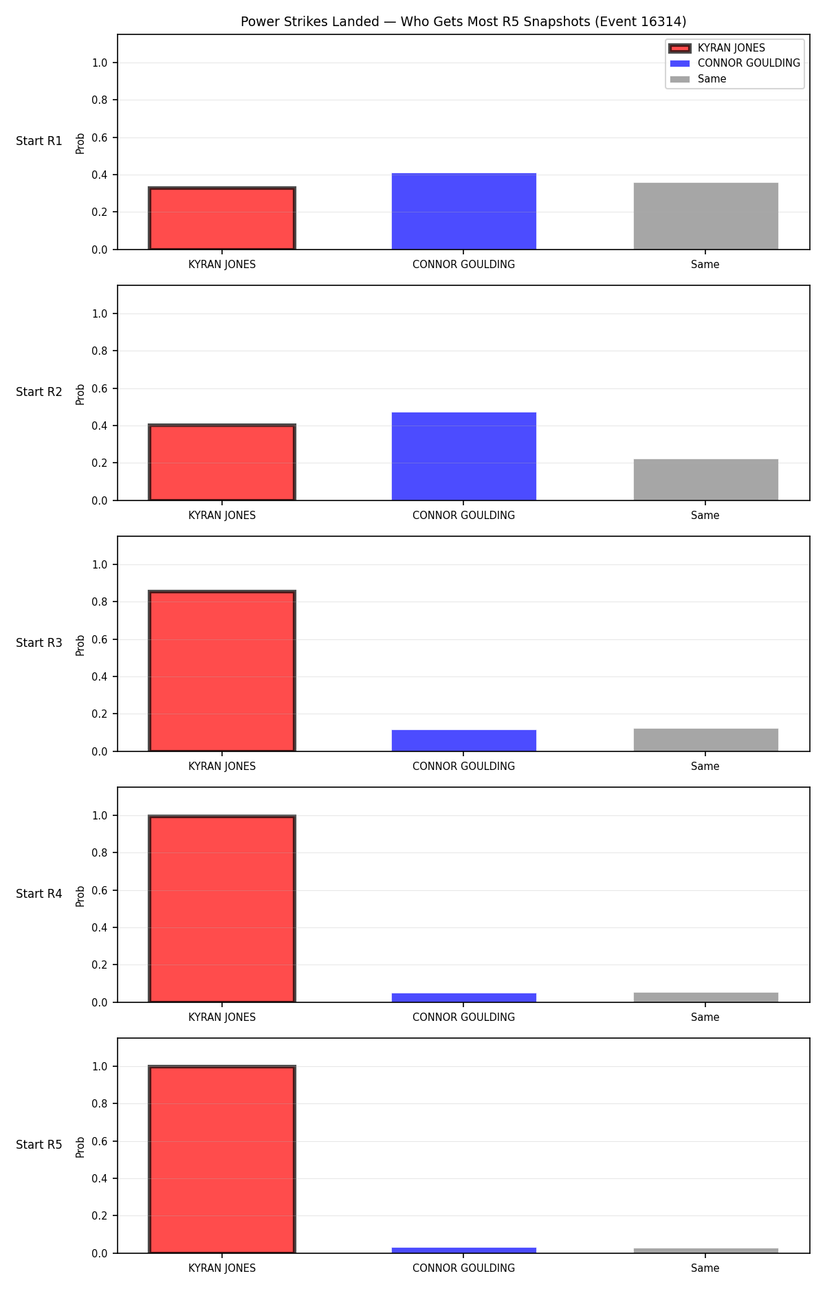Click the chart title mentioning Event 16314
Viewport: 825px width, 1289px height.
point(463,21)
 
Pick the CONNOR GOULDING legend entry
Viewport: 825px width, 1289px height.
point(735,63)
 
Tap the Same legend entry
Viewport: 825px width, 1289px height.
point(698,79)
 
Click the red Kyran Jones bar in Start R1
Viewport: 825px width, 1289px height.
point(222,219)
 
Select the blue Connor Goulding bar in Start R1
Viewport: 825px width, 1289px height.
point(464,211)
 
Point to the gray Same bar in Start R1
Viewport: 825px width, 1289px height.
point(706,216)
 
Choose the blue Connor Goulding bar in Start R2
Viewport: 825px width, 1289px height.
point(464,456)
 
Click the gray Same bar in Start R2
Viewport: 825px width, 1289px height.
point(706,480)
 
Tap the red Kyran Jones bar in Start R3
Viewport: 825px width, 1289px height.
point(222,671)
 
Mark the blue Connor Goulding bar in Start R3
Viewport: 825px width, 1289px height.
point(464,740)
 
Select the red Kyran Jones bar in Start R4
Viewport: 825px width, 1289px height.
point(222,909)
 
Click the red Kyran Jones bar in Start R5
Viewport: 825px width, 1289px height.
point(222,1160)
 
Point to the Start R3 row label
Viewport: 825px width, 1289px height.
point(39,643)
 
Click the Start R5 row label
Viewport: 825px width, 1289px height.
point(39,1145)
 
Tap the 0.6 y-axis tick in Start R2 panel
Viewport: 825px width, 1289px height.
point(100,388)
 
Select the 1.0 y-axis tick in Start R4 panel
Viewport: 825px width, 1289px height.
point(100,815)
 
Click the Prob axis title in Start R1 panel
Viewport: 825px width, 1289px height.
point(80,143)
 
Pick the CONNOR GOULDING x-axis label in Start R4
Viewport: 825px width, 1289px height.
point(463,1017)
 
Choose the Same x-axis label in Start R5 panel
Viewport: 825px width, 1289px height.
point(705,1268)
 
